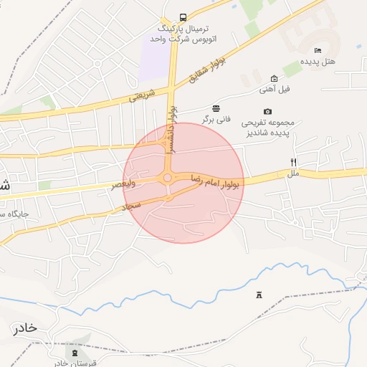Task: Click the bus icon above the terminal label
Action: tap(183, 17)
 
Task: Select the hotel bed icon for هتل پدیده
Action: tap(318, 50)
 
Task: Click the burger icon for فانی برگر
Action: tap(216, 108)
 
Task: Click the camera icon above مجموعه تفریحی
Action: tap(267, 111)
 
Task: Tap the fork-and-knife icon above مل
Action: tap(293, 163)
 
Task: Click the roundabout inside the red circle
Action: tap(168, 178)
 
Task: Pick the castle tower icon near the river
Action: tap(259, 295)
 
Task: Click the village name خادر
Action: tap(24, 328)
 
